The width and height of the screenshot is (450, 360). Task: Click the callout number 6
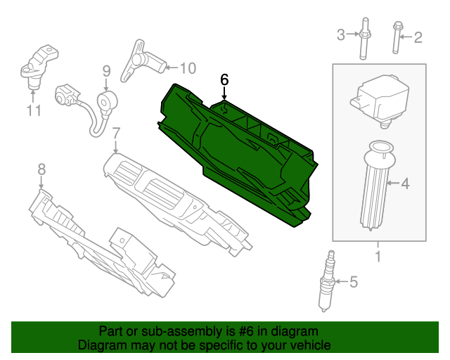pos(224,79)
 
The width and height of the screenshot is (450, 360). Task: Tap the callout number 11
pos(34,110)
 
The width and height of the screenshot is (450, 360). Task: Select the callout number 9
pos(107,70)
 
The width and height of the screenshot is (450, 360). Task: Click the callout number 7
pos(117,132)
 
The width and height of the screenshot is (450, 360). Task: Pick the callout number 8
pos(41,169)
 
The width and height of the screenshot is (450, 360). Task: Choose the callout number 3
pos(341,34)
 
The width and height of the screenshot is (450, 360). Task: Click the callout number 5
pos(353,283)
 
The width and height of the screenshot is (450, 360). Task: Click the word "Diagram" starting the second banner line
pos(101,345)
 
